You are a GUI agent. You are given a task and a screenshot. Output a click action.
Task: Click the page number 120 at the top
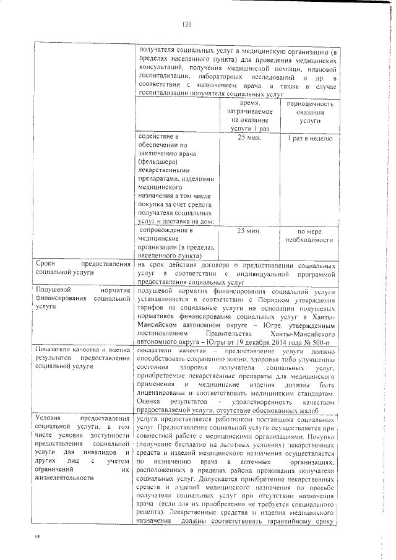(189, 24)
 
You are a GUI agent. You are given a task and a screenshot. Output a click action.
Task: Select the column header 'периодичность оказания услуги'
(309, 113)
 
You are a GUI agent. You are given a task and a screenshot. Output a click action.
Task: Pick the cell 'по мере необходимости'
(309, 236)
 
